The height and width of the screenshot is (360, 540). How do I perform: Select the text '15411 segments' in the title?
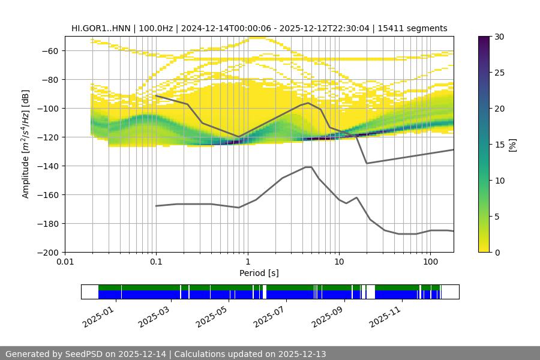click(418, 28)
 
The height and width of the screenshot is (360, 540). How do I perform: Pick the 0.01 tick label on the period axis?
click(65, 262)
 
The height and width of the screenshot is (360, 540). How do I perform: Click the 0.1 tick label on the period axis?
click(156, 262)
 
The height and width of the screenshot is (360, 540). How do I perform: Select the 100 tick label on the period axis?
click(430, 262)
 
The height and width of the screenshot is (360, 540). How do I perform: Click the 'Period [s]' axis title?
click(259, 273)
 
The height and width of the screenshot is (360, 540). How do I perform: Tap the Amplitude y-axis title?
click(26, 144)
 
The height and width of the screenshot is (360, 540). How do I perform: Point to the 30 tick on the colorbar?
click(499, 37)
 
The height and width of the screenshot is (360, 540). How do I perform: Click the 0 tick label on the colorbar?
click(497, 253)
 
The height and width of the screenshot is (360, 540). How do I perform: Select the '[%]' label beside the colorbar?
click(512, 145)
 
